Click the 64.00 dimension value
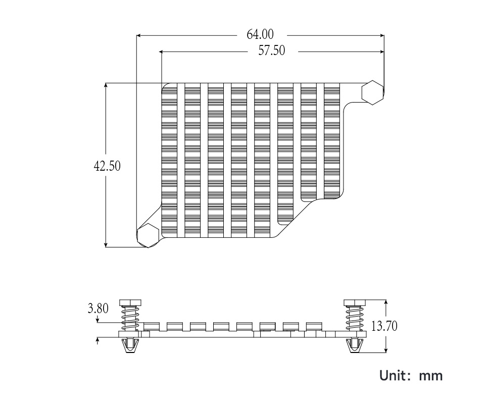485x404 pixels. (260, 35)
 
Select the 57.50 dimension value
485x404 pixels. (272, 51)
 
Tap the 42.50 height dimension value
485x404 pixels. (107, 166)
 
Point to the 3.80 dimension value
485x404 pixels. (98, 308)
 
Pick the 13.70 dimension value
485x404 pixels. (384, 326)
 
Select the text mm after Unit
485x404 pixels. (431, 376)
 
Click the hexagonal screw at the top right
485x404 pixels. (373, 92)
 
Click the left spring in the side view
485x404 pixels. (130, 318)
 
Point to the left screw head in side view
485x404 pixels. (130, 303)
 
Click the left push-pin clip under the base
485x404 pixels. (130, 346)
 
